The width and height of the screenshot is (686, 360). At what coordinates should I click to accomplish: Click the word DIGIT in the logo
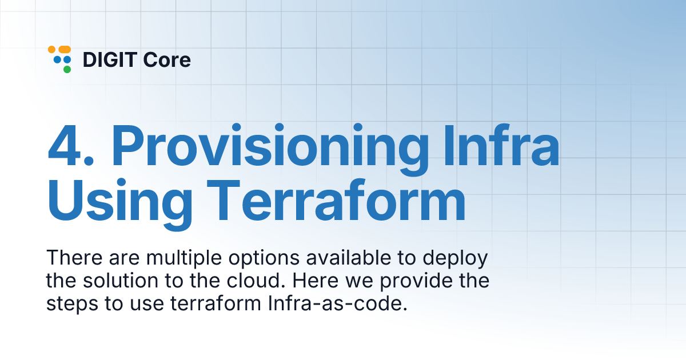(110, 59)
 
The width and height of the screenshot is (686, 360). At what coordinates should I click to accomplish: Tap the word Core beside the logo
(167, 59)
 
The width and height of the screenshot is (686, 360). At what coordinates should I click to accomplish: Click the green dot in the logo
(67, 70)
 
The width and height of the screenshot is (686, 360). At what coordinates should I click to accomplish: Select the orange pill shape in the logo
(65, 49)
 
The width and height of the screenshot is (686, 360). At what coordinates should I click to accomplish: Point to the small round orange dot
(52, 49)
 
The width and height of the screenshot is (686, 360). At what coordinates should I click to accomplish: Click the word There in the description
(74, 258)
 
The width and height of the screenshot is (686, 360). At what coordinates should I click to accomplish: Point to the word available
(349, 258)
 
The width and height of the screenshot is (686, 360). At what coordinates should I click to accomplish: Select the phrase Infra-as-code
(337, 303)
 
